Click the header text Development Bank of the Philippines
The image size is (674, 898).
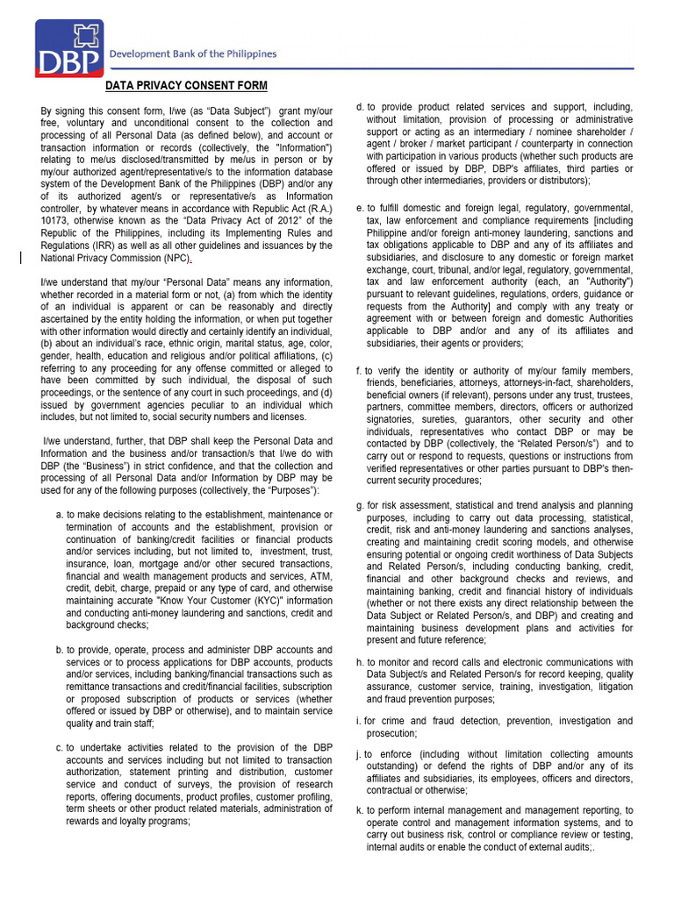pyautogui.click(x=192, y=53)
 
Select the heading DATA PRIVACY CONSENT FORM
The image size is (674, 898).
pyautogui.click(x=186, y=85)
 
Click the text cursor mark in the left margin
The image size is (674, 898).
pyautogui.click(x=21, y=257)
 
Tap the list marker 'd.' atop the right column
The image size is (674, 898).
pyautogui.click(x=360, y=107)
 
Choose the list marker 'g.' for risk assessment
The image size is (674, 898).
pyautogui.click(x=360, y=506)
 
